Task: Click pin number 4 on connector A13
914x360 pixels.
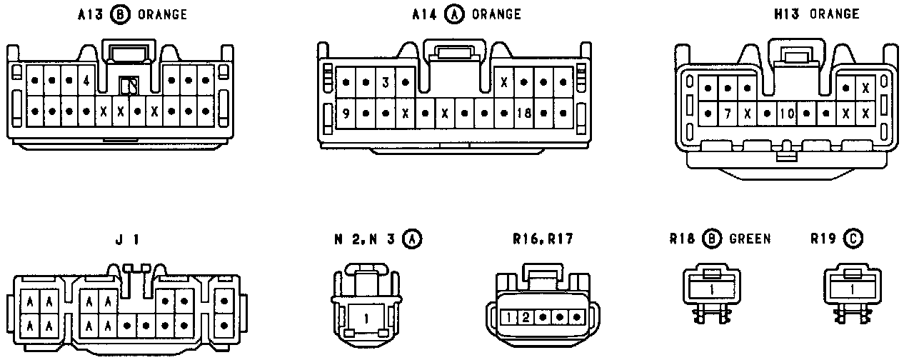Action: point(86,81)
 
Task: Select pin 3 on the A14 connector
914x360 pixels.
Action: point(386,82)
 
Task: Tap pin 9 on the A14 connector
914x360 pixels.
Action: point(346,113)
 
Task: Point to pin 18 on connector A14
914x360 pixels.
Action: point(524,113)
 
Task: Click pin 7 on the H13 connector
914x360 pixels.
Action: point(727,113)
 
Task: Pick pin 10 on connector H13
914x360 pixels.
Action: point(787,113)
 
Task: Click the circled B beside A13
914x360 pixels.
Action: point(121,15)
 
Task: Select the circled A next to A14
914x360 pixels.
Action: point(454,15)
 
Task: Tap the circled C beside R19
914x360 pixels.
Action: point(853,239)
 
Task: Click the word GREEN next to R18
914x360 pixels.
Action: point(750,239)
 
